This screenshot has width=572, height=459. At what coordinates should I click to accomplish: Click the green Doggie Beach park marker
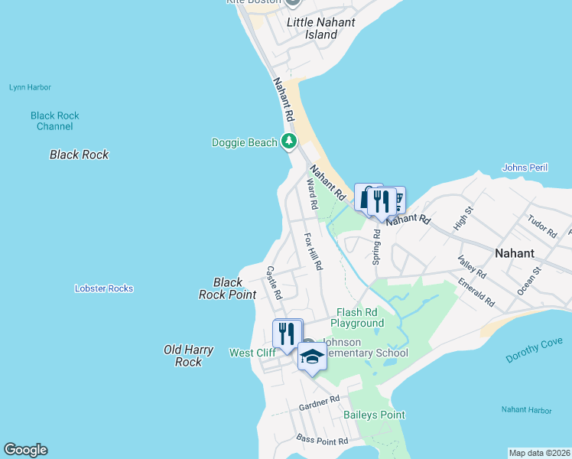[289, 142]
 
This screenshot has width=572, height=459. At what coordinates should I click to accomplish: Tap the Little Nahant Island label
[321, 28]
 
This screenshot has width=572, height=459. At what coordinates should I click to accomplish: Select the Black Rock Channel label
[55, 121]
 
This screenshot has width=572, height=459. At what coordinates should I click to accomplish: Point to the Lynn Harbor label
[30, 87]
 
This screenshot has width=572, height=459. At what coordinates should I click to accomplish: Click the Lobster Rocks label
[104, 288]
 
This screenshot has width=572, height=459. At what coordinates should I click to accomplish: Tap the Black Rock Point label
[228, 288]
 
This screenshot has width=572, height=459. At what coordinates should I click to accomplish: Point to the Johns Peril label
[525, 168]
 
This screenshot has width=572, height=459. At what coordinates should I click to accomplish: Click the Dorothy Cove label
[534, 350]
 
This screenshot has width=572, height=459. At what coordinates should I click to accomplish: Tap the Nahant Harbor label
[526, 410]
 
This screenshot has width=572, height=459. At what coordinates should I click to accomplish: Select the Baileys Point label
[374, 415]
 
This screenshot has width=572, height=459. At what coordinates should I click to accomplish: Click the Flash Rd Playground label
[357, 317]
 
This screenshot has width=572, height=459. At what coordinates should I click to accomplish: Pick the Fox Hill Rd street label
[314, 252]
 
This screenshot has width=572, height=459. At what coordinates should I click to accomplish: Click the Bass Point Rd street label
[322, 441]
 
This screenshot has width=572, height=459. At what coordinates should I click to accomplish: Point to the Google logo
[25, 450]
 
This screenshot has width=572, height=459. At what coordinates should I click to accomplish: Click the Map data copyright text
[540, 452]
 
